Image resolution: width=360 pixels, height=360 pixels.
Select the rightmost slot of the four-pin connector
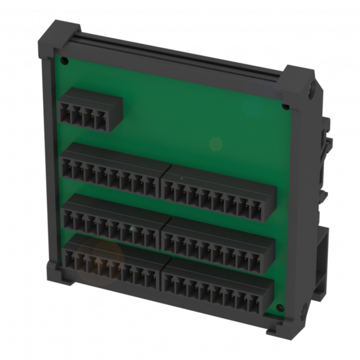pyautogui.click(x=102, y=120)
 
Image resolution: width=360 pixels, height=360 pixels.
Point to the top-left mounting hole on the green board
pyautogui.click(x=65, y=60)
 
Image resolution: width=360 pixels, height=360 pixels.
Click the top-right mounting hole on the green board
pyautogui.click(x=286, y=106)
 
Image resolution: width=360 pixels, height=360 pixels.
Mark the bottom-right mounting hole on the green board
pyautogui.click(x=280, y=308)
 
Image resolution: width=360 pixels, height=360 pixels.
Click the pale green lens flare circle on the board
pyautogui.click(x=216, y=143)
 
